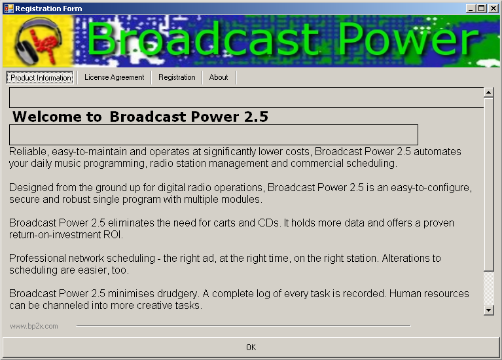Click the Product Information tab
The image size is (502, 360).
(x=41, y=77)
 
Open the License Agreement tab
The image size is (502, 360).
(x=115, y=77)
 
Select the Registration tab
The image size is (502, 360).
(x=177, y=77)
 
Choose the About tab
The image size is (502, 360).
(x=219, y=77)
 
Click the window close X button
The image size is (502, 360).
(x=493, y=9)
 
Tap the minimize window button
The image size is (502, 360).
(x=471, y=9)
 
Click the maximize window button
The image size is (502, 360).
(x=482, y=9)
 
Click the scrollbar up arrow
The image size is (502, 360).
(x=488, y=92)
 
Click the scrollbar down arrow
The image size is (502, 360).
(x=488, y=310)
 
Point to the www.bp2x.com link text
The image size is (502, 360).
(x=34, y=326)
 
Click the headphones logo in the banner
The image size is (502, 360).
(x=39, y=41)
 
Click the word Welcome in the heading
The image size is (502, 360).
(x=47, y=117)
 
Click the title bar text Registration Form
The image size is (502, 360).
(x=48, y=9)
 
